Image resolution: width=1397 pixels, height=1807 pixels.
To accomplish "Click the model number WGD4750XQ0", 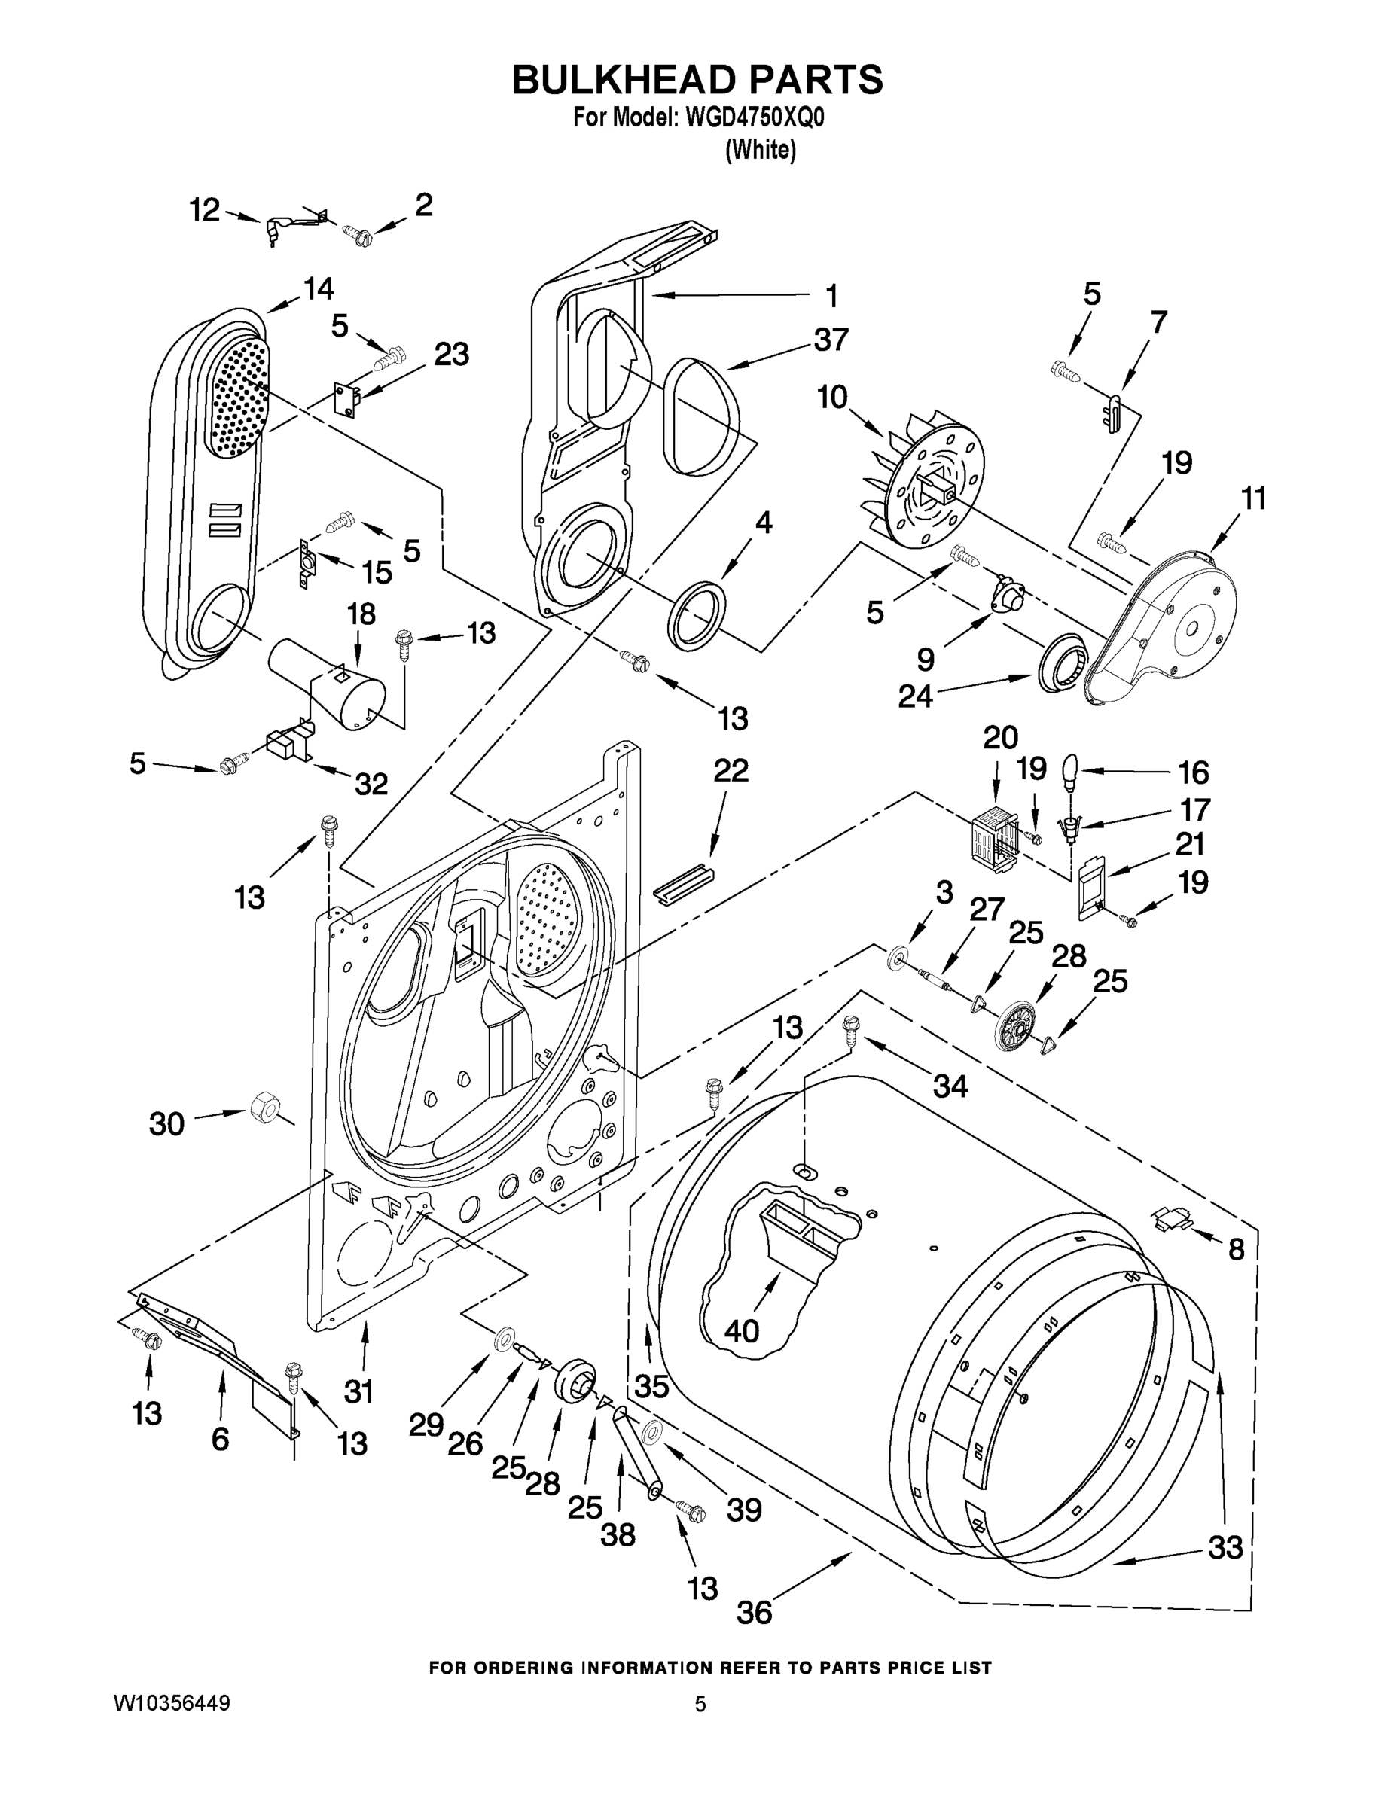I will (754, 118).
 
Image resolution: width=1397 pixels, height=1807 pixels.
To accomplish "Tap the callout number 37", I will (831, 340).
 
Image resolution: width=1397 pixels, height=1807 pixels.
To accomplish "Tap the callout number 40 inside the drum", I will (741, 1331).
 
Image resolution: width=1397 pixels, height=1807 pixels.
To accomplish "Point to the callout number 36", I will (753, 1612).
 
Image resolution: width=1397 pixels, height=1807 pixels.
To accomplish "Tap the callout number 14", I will (318, 289).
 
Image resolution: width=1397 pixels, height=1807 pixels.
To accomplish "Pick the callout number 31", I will (358, 1391).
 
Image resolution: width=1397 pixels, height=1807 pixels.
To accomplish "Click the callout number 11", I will (1254, 499).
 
